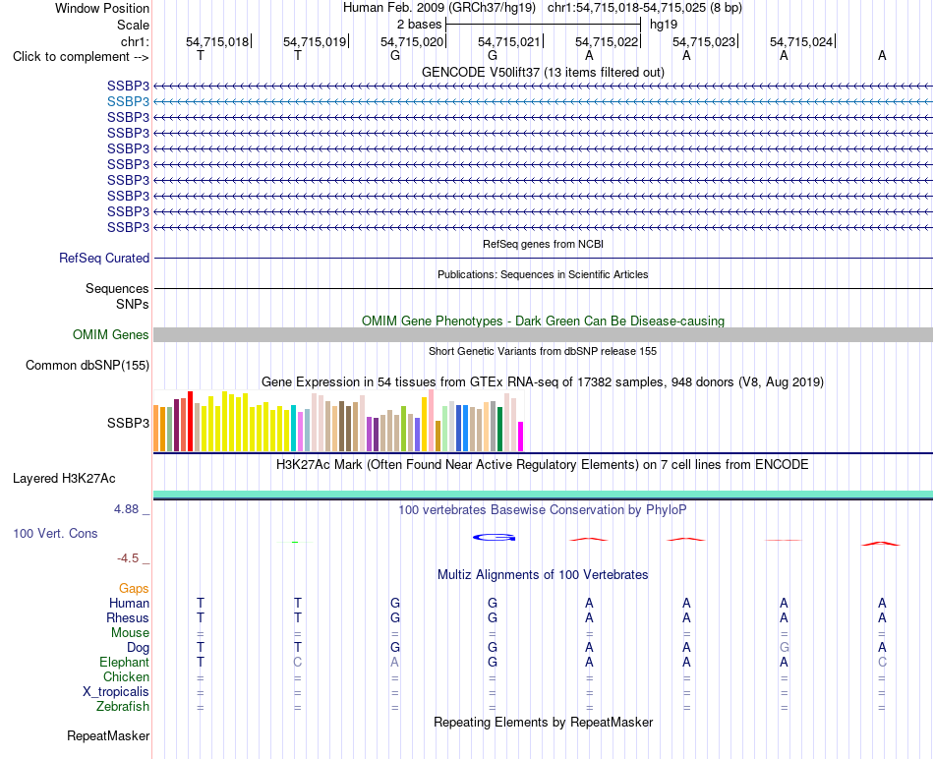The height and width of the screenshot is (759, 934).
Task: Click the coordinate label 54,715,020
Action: (x=412, y=41)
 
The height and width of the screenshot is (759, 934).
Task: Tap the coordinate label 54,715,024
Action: (x=801, y=41)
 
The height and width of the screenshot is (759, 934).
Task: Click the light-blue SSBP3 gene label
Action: (x=128, y=102)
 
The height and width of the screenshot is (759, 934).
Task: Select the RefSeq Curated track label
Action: (x=104, y=258)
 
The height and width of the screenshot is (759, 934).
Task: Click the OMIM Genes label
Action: (x=111, y=335)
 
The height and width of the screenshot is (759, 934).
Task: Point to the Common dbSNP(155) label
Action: (x=88, y=365)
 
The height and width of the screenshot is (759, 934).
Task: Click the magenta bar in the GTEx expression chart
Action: (x=521, y=437)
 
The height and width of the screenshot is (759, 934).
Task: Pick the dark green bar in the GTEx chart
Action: (x=500, y=429)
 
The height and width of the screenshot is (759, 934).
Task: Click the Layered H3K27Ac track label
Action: (x=64, y=479)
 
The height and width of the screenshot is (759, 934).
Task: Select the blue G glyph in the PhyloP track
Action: (x=494, y=538)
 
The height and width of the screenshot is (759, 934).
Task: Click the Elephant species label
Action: (x=125, y=663)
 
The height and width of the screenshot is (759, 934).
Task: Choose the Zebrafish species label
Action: (x=123, y=707)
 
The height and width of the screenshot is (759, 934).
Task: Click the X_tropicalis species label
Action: (x=116, y=692)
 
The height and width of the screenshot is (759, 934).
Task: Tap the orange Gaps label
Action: (x=134, y=589)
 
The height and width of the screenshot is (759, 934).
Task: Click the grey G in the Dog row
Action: (x=784, y=648)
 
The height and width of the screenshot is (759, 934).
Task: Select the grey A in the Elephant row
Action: (x=395, y=663)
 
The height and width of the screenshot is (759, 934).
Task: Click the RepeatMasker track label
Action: (x=108, y=736)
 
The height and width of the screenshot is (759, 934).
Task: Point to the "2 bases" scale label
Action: (x=420, y=25)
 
